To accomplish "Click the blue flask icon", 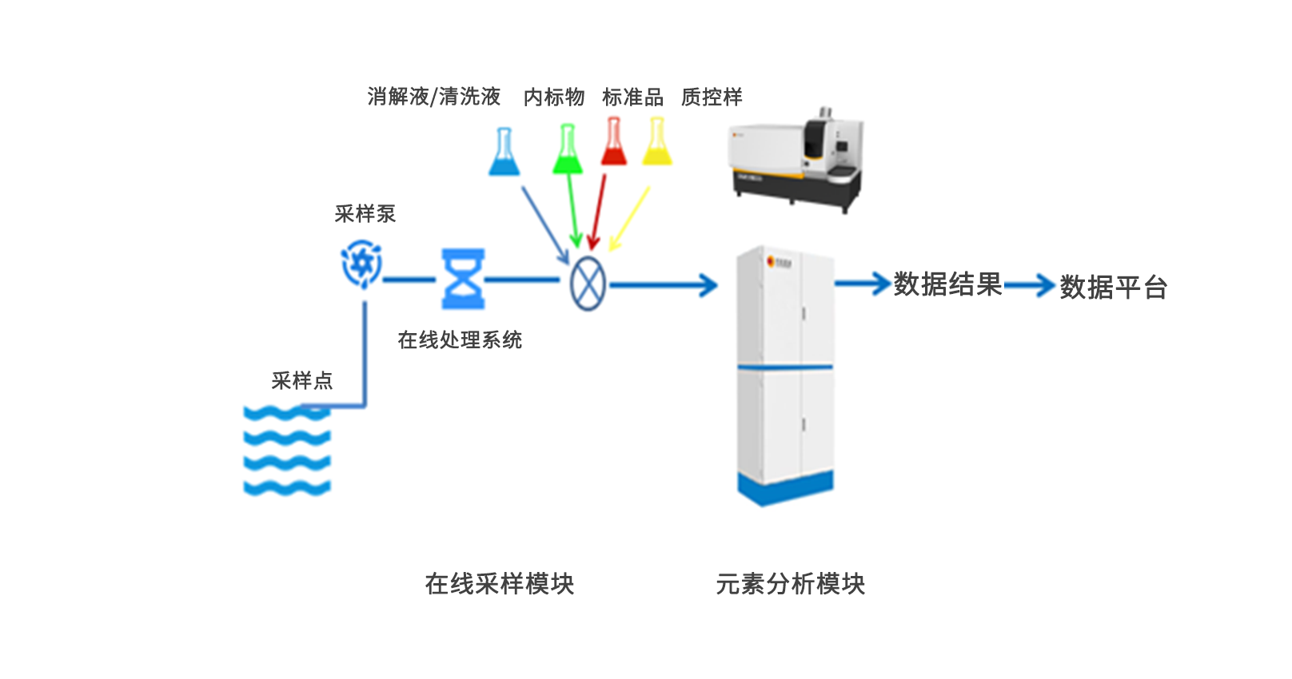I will (x=504, y=153).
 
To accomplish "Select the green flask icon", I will (x=568, y=150).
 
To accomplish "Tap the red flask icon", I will (x=613, y=142).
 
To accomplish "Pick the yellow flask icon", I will (x=657, y=142).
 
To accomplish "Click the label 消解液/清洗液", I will (x=434, y=97).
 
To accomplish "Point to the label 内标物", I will (x=554, y=97).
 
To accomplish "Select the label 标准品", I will (x=632, y=97).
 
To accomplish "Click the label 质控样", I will (x=712, y=97).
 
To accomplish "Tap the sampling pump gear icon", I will (x=362, y=264).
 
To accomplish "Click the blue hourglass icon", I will (x=464, y=279).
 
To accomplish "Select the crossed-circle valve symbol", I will (x=588, y=284).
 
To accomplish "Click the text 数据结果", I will (x=947, y=284).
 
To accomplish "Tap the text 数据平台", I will (x=1114, y=288).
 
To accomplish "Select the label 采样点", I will (x=301, y=381).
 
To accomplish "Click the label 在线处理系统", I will (x=460, y=340).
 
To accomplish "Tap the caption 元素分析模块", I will (x=790, y=584).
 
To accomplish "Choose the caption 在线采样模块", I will (x=500, y=584).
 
